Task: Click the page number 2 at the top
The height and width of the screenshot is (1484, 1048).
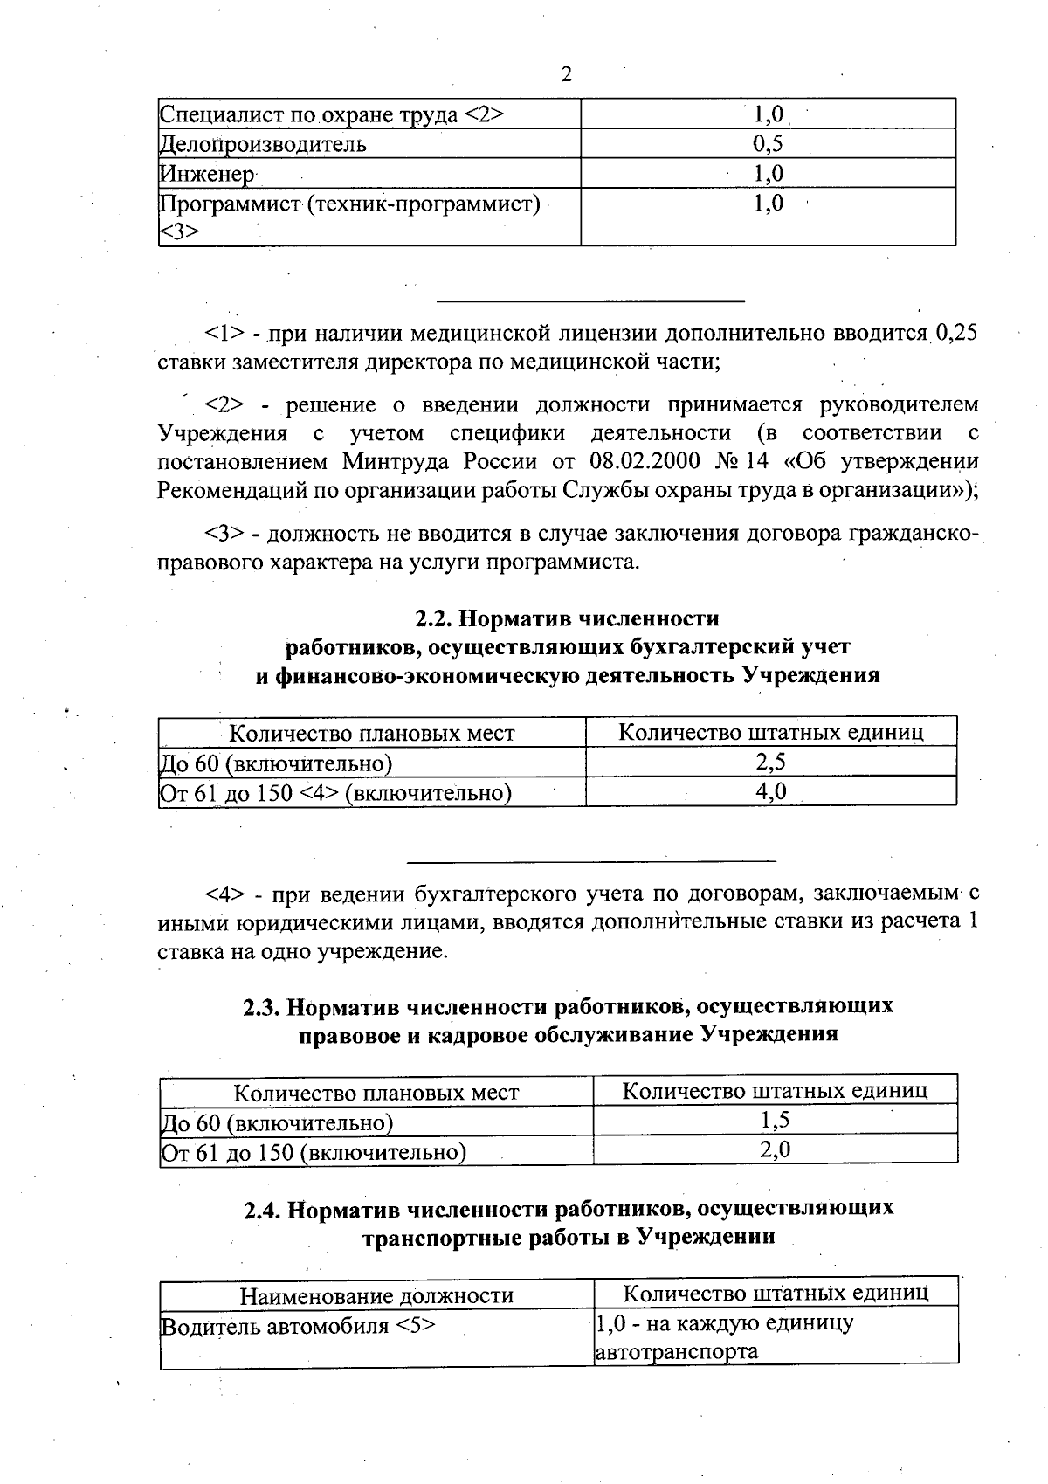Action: point(566,75)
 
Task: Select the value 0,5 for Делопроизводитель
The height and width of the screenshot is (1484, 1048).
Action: point(768,144)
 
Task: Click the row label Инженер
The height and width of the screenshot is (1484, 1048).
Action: point(207,174)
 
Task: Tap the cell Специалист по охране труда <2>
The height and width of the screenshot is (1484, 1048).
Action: point(332,114)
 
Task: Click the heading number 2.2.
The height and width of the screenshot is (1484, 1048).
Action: point(432,618)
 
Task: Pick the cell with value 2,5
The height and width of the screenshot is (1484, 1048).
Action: point(770,762)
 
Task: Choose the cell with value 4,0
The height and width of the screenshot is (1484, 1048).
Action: point(770,791)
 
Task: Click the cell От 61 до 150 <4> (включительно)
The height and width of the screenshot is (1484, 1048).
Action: point(335,792)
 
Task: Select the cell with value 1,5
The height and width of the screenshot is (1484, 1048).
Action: point(775,1121)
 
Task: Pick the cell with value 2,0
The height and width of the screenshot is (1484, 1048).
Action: point(775,1150)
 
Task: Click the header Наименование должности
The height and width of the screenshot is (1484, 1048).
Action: point(376,1295)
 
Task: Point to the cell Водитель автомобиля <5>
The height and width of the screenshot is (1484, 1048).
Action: point(299,1326)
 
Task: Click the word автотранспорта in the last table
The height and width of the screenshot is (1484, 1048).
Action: point(676,1353)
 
